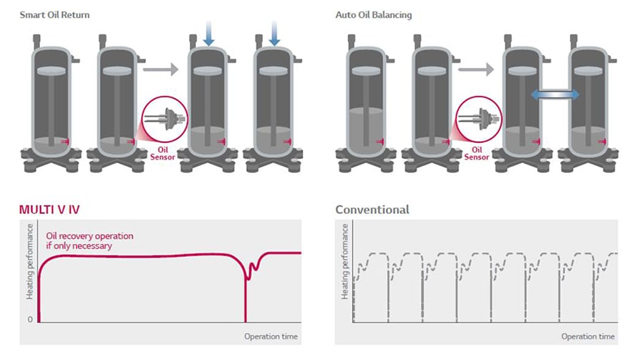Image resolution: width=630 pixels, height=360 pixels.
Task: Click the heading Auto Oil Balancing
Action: click(373, 14)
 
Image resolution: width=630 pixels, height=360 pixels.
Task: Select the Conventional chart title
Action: click(372, 210)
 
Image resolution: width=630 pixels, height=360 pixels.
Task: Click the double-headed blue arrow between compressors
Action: click(556, 94)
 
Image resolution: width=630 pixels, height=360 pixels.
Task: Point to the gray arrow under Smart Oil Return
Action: click(158, 69)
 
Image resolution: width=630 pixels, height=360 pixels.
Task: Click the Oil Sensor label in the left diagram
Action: click(158, 153)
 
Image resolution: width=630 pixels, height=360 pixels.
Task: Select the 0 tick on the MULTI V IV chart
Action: click(29, 319)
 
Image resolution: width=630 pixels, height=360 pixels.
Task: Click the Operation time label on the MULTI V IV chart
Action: click(271, 336)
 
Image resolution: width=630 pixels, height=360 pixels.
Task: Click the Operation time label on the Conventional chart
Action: click(588, 336)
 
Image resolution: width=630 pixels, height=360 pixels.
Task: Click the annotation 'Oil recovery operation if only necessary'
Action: click(89, 240)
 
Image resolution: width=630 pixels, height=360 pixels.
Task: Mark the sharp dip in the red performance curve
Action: click(247, 286)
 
